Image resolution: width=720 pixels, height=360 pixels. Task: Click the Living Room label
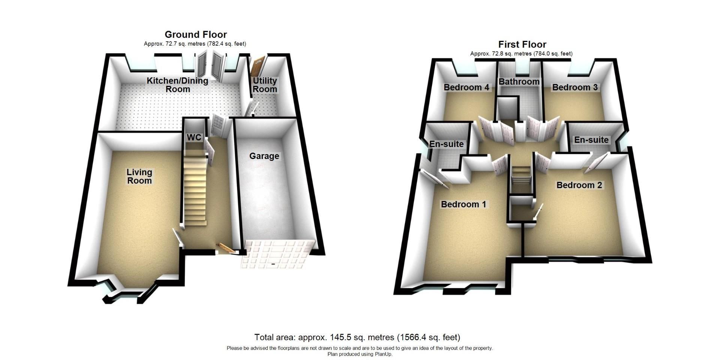[x=139, y=176]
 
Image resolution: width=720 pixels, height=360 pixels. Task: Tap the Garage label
[x=264, y=156]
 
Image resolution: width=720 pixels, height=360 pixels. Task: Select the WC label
[x=194, y=138]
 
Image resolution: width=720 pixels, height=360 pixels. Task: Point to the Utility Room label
[x=265, y=85]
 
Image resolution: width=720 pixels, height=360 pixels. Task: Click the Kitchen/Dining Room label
[x=177, y=85]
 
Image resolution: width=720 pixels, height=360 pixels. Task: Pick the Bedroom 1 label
[x=463, y=204]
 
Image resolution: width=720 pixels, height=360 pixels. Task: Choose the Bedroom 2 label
[x=579, y=185]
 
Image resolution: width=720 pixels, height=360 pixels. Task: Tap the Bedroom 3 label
[x=575, y=87]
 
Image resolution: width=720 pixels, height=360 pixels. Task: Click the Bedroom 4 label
[x=466, y=87]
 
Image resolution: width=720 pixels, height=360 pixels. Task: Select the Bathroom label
[x=519, y=81]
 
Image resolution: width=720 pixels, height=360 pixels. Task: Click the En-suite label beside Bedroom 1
[x=446, y=144]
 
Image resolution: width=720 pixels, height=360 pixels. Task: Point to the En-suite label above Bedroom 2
[x=591, y=140]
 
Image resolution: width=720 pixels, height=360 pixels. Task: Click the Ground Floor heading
[x=196, y=34]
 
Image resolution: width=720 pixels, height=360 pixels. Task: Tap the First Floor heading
[x=522, y=44]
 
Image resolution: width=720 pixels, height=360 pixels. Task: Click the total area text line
[x=357, y=337]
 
